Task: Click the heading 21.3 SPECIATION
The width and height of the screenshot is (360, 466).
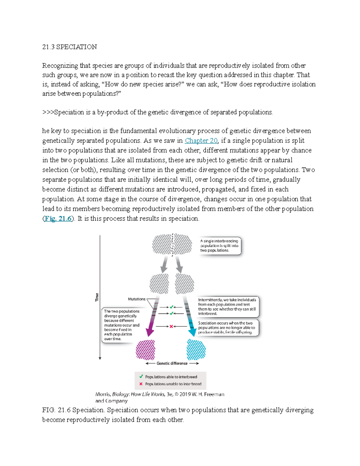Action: [x=70, y=47]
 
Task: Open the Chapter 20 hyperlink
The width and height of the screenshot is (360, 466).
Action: [x=201, y=140]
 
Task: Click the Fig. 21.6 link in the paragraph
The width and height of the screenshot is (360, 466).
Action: [x=58, y=218]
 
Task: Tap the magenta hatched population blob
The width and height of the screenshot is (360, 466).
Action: [x=145, y=350]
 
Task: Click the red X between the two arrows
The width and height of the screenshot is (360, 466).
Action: [x=171, y=326]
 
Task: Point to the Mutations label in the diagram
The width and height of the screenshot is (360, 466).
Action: [x=136, y=299]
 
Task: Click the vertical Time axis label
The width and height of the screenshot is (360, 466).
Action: [x=97, y=297]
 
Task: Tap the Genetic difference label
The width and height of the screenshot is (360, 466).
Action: [x=172, y=363]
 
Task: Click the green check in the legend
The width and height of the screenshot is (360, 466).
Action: [x=141, y=377]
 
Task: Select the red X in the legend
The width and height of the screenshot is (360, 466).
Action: [x=141, y=384]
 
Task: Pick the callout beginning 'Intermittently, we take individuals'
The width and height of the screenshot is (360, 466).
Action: [x=227, y=306]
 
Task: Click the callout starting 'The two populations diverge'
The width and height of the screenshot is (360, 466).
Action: [x=121, y=325]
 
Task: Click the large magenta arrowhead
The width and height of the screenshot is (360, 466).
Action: [x=150, y=332]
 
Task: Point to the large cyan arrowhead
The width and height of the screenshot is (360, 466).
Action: [x=192, y=332]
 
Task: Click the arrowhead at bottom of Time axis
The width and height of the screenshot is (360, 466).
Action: [x=100, y=358]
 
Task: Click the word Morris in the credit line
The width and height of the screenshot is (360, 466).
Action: [x=103, y=394]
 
